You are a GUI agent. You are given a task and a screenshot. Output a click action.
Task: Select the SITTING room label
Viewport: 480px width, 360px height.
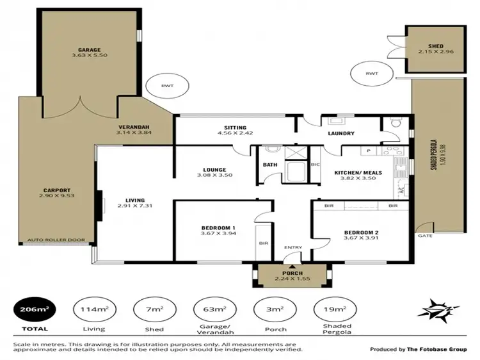tap(235, 127)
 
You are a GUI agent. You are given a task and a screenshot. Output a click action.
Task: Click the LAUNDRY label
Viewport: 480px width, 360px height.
tap(341, 133)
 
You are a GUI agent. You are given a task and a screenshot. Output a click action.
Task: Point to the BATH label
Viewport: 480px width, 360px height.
tap(269, 165)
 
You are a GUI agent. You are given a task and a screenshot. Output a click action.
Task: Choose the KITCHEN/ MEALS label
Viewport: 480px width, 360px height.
tap(359, 172)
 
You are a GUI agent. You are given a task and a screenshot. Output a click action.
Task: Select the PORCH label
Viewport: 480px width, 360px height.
tap(292, 272)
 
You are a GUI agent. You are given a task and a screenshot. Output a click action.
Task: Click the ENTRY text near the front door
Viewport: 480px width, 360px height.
tap(294, 247)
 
